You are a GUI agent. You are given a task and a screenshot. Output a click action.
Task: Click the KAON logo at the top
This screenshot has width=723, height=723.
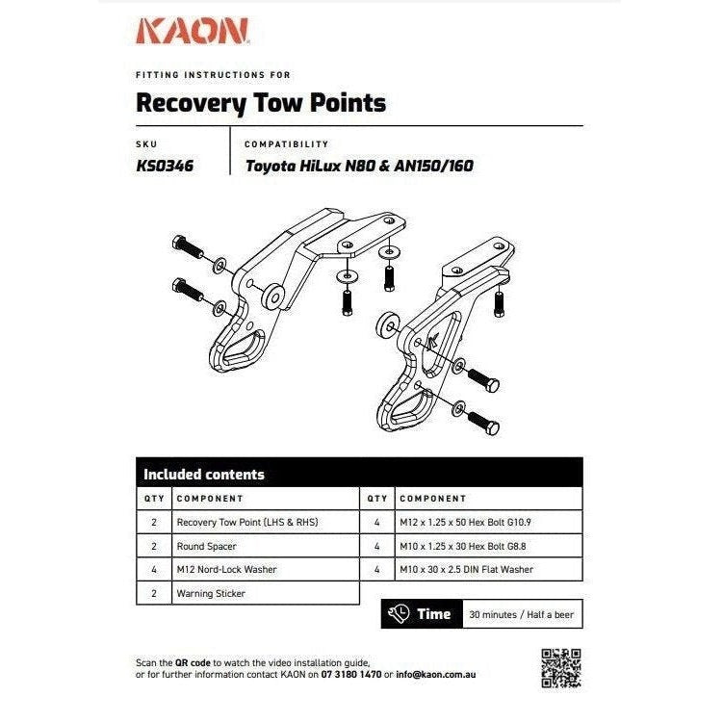tap(194, 32)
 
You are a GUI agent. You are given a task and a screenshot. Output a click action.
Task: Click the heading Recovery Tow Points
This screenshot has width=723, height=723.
tap(261, 102)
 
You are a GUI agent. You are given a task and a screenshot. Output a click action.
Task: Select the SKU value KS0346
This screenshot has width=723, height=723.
tap(166, 166)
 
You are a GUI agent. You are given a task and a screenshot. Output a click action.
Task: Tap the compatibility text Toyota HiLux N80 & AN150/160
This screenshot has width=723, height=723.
tap(359, 166)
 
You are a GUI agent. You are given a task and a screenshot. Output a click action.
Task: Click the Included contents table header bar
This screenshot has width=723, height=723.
tap(359, 474)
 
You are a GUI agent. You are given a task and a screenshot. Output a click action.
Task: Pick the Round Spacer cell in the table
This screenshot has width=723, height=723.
tap(206, 546)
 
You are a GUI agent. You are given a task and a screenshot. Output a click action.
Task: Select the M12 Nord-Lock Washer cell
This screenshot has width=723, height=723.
tap(226, 569)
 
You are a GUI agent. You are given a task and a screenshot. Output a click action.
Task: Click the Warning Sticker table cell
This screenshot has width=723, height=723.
tap(211, 593)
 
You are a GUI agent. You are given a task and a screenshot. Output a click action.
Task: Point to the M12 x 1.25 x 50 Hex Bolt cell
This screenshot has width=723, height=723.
tap(466, 522)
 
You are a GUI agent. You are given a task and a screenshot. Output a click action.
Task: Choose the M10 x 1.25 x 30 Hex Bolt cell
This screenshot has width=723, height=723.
tap(463, 546)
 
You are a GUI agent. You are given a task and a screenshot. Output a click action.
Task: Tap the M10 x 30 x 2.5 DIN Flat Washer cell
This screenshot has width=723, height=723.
tap(466, 569)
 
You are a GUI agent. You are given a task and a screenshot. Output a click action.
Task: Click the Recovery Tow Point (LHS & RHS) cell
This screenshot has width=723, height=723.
tap(246, 522)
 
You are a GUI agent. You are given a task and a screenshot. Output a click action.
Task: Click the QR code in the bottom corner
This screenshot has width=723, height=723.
tap(560, 668)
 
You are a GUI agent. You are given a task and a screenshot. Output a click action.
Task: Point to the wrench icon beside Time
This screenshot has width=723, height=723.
tap(399, 614)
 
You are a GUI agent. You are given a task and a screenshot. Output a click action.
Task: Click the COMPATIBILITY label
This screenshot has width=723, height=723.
tap(286, 144)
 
